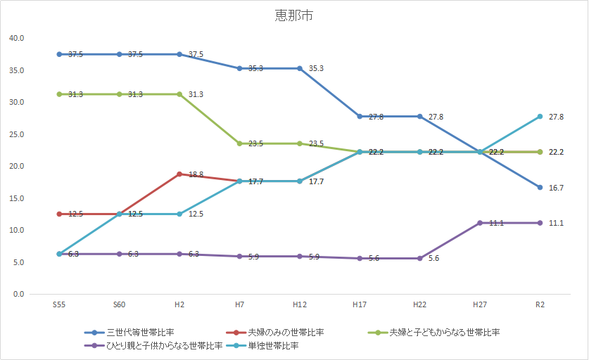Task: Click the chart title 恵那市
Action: (294, 15)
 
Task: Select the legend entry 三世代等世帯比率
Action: (141, 332)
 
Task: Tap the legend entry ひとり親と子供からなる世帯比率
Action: (164, 345)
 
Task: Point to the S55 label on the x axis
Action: (60, 304)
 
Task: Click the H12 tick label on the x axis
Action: (300, 304)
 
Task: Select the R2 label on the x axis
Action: (540, 304)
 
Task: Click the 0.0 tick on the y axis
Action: (18, 294)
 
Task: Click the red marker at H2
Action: (179, 174)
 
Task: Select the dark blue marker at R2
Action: (540, 187)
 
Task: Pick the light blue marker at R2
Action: (540, 116)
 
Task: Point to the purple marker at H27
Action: (480, 223)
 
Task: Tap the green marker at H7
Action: (240, 143)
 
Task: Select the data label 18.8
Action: (196, 174)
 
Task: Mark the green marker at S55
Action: (60, 94)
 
